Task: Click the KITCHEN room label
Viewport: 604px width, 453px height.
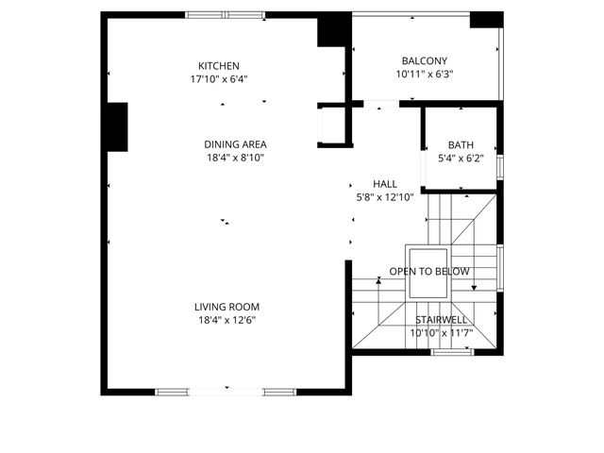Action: point(218,65)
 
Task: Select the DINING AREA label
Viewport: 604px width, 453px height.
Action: point(235,144)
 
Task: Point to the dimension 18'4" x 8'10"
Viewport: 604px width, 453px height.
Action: point(235,158)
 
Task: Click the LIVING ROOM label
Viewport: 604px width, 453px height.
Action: point(226,307)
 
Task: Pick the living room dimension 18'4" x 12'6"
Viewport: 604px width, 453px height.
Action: point(226,320)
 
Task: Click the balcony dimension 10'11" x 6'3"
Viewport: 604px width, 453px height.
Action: point(424,74)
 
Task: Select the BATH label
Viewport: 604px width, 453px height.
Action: point(461,145)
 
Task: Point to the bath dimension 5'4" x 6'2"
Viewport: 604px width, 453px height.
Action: point(461,159)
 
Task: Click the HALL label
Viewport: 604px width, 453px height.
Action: point(384,184)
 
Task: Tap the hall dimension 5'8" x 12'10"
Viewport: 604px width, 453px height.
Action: point(384,197)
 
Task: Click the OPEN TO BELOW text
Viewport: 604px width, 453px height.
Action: point(429,272)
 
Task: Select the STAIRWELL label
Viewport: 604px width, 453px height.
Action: point(440,319)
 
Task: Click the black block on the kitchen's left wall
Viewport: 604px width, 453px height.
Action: point(117,126)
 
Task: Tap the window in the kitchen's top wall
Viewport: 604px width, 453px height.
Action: point(225,14)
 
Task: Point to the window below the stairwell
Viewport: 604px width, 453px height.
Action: point(451,353)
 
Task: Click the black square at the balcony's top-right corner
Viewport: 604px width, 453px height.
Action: point(486,20)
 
